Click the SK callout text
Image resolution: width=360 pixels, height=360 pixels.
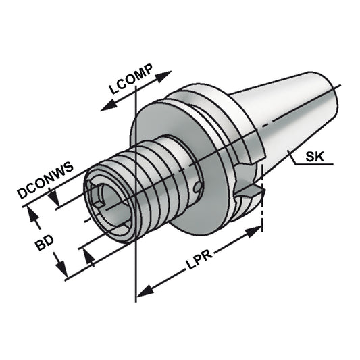(x=314, y=158)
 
